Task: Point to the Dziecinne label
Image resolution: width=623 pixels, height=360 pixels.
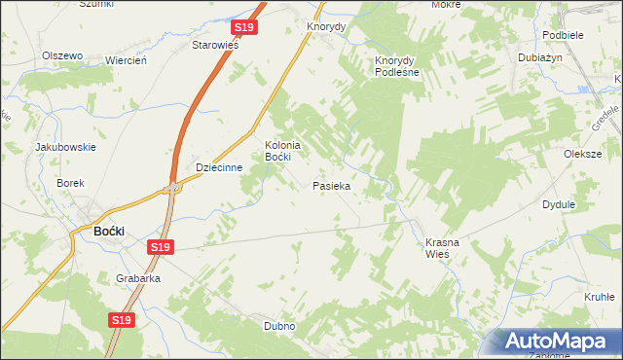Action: coord(218,167)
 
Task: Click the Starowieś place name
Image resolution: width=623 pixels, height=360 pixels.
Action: coord(216,45)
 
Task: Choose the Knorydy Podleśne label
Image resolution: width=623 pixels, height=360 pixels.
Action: coord(396,65)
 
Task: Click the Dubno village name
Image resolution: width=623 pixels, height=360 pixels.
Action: coord(279,326)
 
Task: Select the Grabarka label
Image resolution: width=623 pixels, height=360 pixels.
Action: coord(137,278)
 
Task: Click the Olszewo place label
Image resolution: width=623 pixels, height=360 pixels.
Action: coord(61,55)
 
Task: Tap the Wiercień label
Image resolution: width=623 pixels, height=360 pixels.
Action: coord(126,60)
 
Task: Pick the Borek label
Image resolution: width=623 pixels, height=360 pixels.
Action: coord(71,183)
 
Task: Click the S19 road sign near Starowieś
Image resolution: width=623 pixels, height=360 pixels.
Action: coord(243,28)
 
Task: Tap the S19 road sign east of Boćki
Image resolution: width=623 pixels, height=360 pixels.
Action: coord(162,249)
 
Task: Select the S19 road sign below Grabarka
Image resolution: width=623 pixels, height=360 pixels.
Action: coord(121,319)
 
